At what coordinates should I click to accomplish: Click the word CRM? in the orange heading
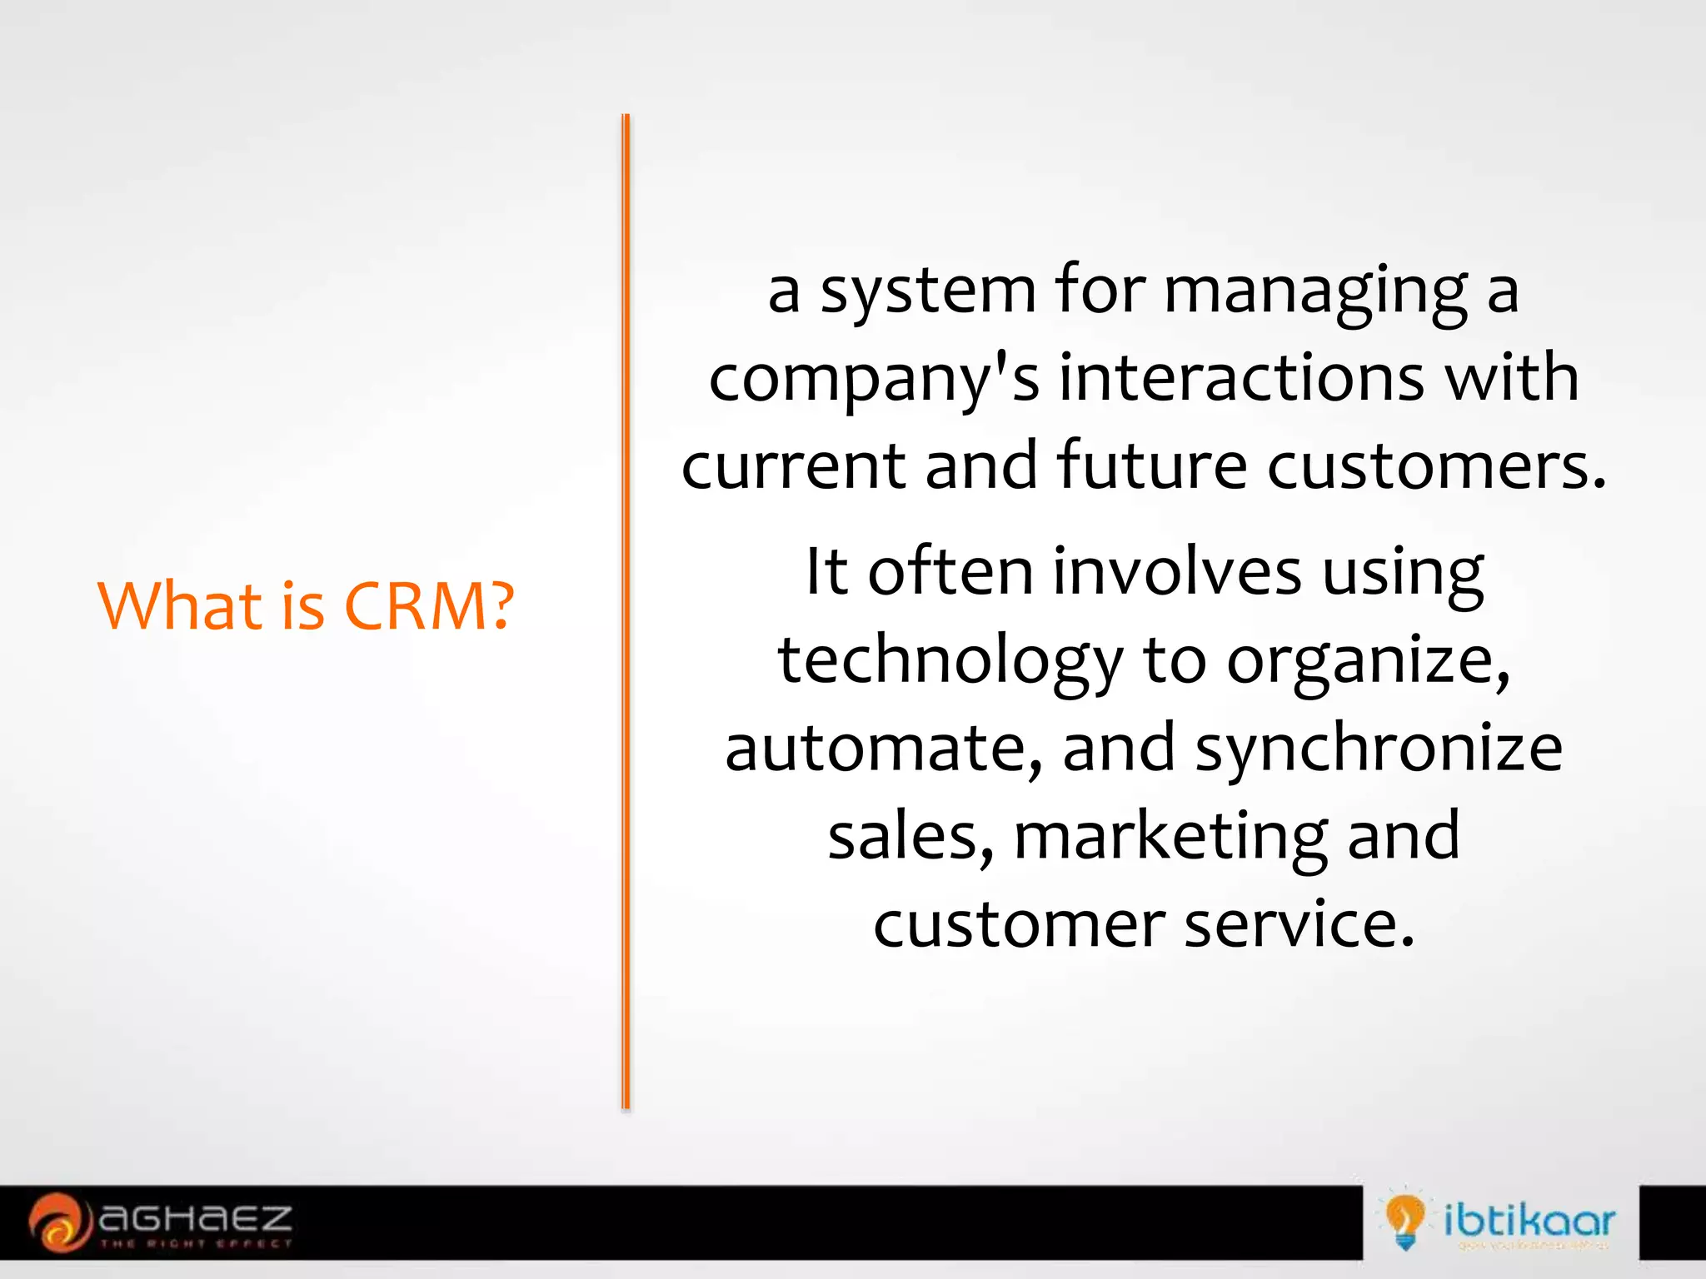429,605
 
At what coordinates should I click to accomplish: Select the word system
928,291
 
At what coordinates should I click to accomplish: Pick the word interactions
1241,379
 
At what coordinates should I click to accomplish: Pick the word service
1299,925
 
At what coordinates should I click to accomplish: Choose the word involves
1177,573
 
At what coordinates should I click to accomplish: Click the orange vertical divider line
626,612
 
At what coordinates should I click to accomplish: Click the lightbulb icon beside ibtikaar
1404,1221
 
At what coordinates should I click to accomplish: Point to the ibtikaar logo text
1529,1222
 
